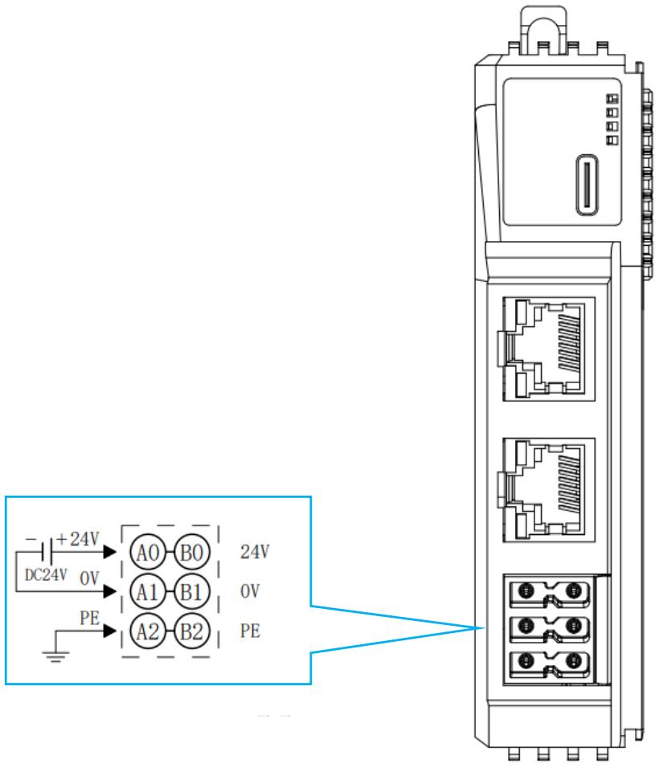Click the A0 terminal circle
(148, 552)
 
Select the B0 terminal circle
(191, 552)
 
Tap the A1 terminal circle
(148, 592)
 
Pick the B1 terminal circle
(191, 592)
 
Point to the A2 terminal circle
(148, 631)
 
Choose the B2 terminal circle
(191, 631)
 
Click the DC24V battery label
(46, 574)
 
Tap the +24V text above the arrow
(78, 539)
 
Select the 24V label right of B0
(255, 552)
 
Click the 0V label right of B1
(250, 591)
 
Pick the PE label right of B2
(250, 631)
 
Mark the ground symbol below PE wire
(55, 656)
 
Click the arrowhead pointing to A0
(110, 552)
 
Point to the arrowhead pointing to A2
(110, 631)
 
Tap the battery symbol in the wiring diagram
(47, 552)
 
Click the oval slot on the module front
(587, 185)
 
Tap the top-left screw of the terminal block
(526, 590)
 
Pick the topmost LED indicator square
(612, 99)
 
